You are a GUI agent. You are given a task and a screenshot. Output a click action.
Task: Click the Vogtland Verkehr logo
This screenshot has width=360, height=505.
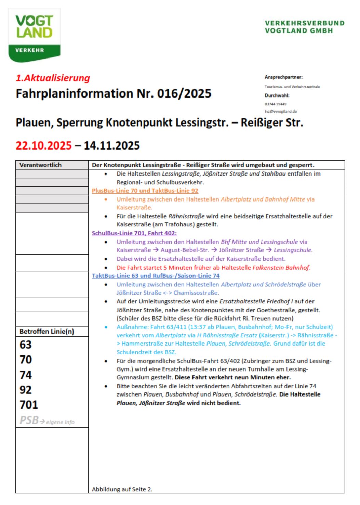pyautogui.click(x=34, y=35)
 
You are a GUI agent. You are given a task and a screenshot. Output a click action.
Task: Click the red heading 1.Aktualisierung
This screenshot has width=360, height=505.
pyautogui.click(x=53, y=78)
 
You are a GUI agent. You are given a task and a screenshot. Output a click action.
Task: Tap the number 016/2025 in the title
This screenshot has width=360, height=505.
pyautogui.click(x=184, y=93)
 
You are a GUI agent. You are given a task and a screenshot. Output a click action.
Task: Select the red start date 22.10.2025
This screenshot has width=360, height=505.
pyautogui.click(x=44, y=145)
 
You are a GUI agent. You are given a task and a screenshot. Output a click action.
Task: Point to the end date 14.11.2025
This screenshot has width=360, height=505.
pyautogui.click(x=112, y=145)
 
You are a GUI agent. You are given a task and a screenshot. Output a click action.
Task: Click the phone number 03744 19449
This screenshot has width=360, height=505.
pyautogui.click(x=275, y=104)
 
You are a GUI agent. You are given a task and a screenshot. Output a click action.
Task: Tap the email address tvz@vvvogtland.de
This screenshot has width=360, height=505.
pyautogui.click(x=281, y=111)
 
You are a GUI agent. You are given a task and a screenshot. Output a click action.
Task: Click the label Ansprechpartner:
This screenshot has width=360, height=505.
pyautogui.click(x=283, y=77)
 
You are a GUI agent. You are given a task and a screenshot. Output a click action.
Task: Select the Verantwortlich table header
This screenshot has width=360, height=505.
pyautogui.click(x=40, y=165)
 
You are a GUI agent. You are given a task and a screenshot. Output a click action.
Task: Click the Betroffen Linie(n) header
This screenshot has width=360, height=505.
pyautogui.click(x=47, y=332)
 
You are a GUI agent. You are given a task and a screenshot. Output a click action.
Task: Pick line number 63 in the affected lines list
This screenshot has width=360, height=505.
pyautogui.click(x=26, y=345)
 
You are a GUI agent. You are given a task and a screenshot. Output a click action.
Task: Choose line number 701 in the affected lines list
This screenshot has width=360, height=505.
pyautogui.click(x=29, y=405)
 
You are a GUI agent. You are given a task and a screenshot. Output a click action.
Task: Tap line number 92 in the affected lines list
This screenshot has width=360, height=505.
pyautogui.click(x=26, y=390)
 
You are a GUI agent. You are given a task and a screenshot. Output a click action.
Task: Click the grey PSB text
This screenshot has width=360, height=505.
pyautogui.click(x=29, y=420)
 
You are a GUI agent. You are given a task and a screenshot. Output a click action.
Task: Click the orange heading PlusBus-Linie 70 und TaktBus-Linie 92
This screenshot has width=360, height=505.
pyautogui.click(x=145, y=191)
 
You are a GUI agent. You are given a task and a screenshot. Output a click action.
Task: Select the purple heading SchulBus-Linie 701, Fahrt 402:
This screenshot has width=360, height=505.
pyautogui.click(x=134, y=233)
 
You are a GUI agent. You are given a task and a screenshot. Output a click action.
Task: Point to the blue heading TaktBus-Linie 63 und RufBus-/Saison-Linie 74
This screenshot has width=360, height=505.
pyautogui.click(x=156, y=276)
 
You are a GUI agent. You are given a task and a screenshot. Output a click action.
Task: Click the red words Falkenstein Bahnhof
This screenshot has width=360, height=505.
pyautogui.click(x=281, y=268)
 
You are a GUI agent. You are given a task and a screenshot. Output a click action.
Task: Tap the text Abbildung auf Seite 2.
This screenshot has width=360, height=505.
pyautogui.click(x=122, y=489)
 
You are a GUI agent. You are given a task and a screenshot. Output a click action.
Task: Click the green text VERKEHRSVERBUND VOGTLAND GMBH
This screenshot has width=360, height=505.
pyautogui.click(x=304, y=27)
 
